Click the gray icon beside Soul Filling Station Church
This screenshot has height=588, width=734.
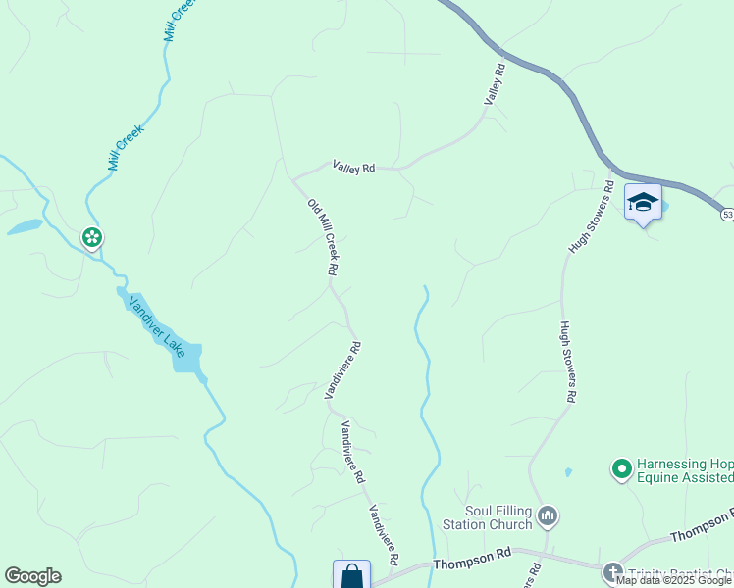[x=549, y=514]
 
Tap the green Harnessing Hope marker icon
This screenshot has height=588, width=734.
[x=620, y=470]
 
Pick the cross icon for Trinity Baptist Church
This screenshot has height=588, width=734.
[x=613, y=573]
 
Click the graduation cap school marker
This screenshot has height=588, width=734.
[x=643, y=203]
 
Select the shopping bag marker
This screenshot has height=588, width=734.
[x=351, y=576]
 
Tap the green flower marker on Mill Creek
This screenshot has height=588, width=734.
[x=92, y=237]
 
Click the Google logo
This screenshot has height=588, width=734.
[x=32, y=576]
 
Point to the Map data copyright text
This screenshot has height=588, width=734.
[x=673, y=581]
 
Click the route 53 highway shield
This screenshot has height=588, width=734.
[x=727, y=214]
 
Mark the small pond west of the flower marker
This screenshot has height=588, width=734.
[x=25, y=227]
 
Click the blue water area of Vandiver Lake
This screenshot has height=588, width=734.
[x=186, y=357]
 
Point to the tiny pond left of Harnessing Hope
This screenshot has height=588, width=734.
[x=568, y=472]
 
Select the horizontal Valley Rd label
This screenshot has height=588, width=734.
[x=353, y=168]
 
